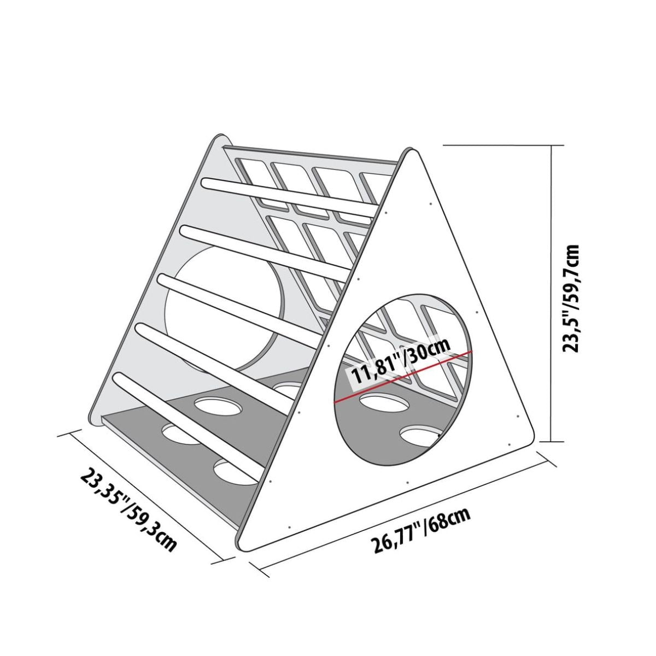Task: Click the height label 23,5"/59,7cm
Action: (571, 298)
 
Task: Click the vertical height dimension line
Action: (552, 294)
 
